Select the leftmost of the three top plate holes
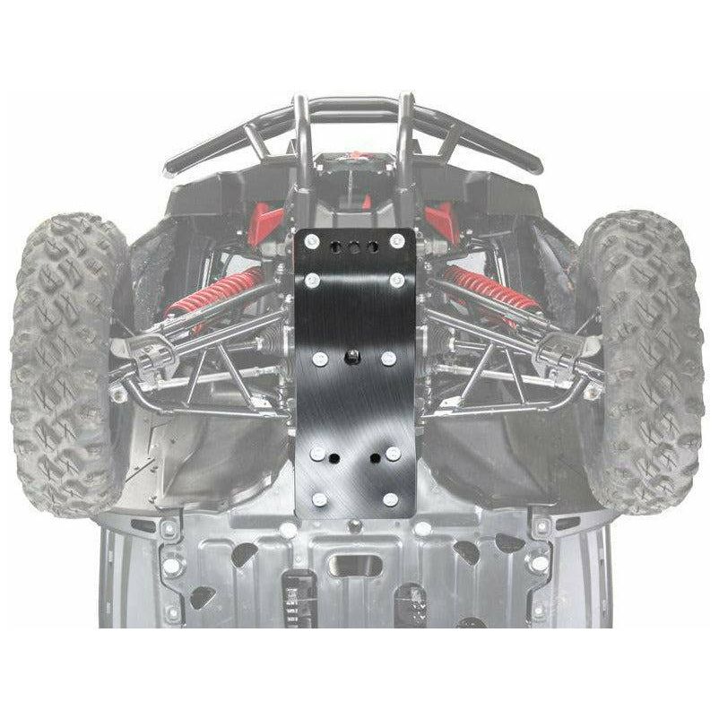[334, 244]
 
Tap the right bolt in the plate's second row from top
[394, 282]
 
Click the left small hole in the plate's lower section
[333, 458]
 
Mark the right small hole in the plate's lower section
[371, 458]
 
